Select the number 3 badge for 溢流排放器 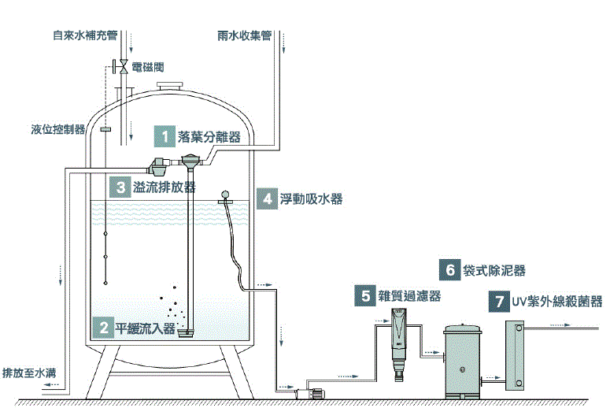[120, 187]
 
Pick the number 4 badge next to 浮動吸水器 [268, 198]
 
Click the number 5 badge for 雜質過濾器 [365, 296]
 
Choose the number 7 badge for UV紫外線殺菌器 [497, 301]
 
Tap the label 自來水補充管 [84, 35]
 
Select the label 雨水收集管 [245, 35]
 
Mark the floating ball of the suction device [225, 193]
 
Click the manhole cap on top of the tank [170, 87]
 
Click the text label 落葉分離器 [209, 136]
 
